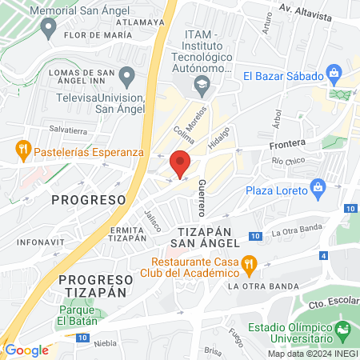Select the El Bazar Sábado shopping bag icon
(x=334, y=76)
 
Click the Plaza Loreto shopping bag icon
(x=318, y=190)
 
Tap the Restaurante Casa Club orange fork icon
(x=249, y=263)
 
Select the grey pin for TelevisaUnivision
(x=126, y=78)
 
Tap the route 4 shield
(x=323, y=256)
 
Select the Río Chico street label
(x=288, y=162)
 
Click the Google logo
(x=26, y=350)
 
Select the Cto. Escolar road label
(x=332, y=304)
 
